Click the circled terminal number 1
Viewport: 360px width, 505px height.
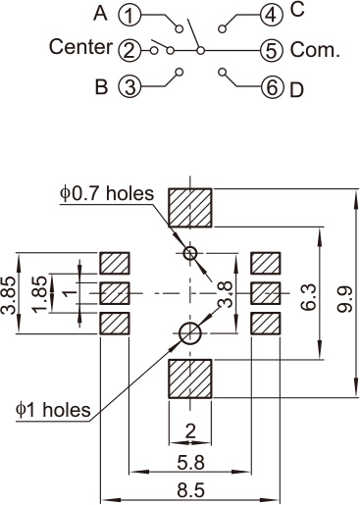[129, 16]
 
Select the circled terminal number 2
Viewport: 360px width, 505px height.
[129, 51]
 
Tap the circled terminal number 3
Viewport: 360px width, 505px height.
[129, 86]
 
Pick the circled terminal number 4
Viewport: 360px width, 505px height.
[271, 16]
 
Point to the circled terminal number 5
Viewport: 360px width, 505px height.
[271, 51]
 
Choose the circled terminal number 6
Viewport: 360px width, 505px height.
[271, 87]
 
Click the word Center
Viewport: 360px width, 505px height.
[80, 47]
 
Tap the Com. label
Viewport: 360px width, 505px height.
[315, 50]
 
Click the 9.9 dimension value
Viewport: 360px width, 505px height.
[344, 299]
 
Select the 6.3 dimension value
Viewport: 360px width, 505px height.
[308, 297]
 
